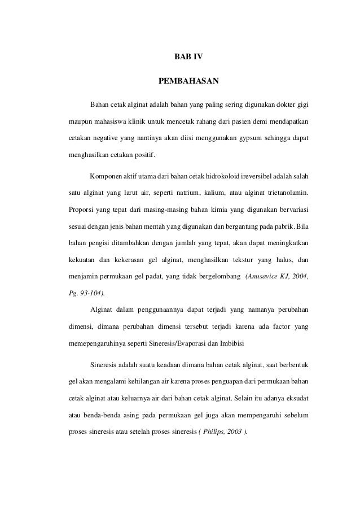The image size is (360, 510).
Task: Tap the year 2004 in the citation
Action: pyautogui.click(x=300, y=278)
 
